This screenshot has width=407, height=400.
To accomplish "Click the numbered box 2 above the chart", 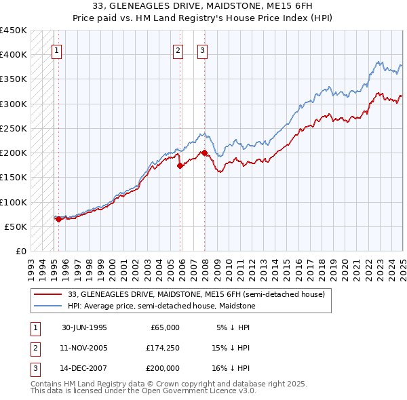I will click(177, 49).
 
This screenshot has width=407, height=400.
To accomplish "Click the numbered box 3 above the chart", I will click(202, 49).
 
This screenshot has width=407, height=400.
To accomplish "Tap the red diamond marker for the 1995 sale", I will click(58, 219).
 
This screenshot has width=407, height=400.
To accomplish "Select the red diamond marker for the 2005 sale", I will click(180, 165).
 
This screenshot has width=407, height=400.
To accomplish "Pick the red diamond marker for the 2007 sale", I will click(205, 153).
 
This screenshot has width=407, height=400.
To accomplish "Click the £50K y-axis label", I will click(15, 226).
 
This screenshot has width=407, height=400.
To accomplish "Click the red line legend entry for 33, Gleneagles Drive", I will click(197, 294).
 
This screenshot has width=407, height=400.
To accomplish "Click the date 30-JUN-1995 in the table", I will click(84, 327).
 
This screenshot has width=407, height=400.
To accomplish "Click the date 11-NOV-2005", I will click(84, 348).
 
